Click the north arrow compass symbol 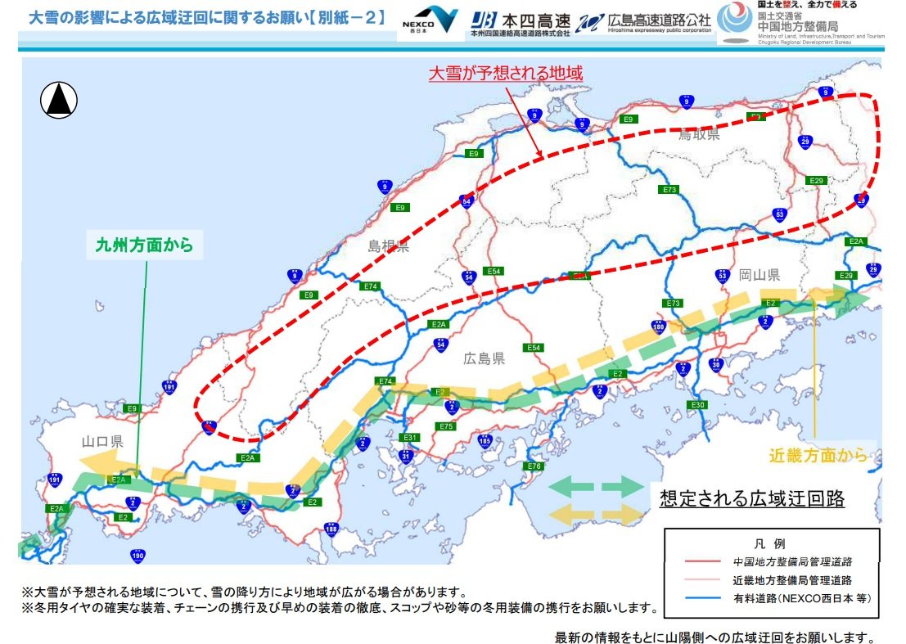tap(59, 101)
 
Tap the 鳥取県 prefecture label tap(699, 135)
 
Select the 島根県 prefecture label tap(388, 246)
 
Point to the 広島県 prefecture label tap(484, 358)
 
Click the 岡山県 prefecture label tap(759, 275)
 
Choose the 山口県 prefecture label tap(102, 441)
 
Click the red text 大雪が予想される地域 tap(506, 73)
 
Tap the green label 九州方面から tap(144, 244)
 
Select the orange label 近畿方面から tap(818, 456)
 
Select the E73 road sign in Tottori tap(669, 190)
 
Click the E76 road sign tap(534, 466)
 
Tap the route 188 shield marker tap(331, 529)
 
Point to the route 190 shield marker tap(137, 556)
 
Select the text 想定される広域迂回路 tap(751, 498)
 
